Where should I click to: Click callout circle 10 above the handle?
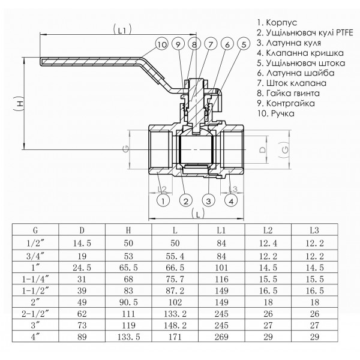(x=161, y=44)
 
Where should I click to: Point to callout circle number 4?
(x=230, y=200)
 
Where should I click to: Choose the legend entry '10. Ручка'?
(x=275, y=112)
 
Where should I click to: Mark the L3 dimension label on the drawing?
(x=233, y=189)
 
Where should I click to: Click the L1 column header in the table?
(x=222, y=229)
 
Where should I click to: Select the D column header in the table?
(x=82, y=229)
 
